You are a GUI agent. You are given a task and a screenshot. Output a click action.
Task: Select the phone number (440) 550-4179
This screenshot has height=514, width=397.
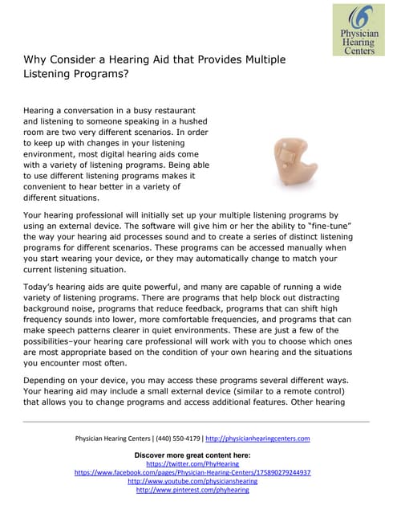(177, 439)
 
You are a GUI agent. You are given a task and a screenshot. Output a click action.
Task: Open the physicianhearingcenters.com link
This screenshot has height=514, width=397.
(257, 439)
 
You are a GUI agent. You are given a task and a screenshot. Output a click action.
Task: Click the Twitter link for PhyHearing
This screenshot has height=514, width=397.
(192, 463)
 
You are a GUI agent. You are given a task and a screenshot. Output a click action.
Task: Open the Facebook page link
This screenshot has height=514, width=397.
(192, 472)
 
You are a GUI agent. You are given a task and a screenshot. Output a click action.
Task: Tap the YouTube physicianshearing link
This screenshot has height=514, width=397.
(192, 481)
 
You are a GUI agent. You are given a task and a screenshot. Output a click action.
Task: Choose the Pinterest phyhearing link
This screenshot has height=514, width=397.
(192, 490)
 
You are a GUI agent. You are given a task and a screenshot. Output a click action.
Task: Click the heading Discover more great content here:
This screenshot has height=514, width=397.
(192, 455)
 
